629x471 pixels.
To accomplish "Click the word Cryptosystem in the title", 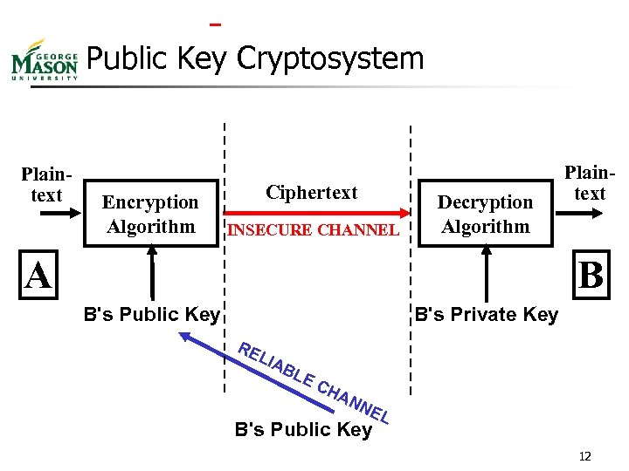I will point(330,59).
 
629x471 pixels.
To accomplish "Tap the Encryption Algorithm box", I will point(149,215).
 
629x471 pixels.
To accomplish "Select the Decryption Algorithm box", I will point(485,215).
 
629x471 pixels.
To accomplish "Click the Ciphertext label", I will point(312,193).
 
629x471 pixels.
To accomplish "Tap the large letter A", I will point(38,276).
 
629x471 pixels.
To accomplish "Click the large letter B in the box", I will point(591,276).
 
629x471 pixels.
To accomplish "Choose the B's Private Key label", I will point(486,315).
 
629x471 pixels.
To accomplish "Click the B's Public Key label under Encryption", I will point(150,315).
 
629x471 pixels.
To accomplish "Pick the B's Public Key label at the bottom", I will point(303,429).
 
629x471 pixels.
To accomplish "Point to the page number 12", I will point(584,456).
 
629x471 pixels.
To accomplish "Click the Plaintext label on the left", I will point(45,184).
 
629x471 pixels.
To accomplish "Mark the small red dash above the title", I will point(216,24).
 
